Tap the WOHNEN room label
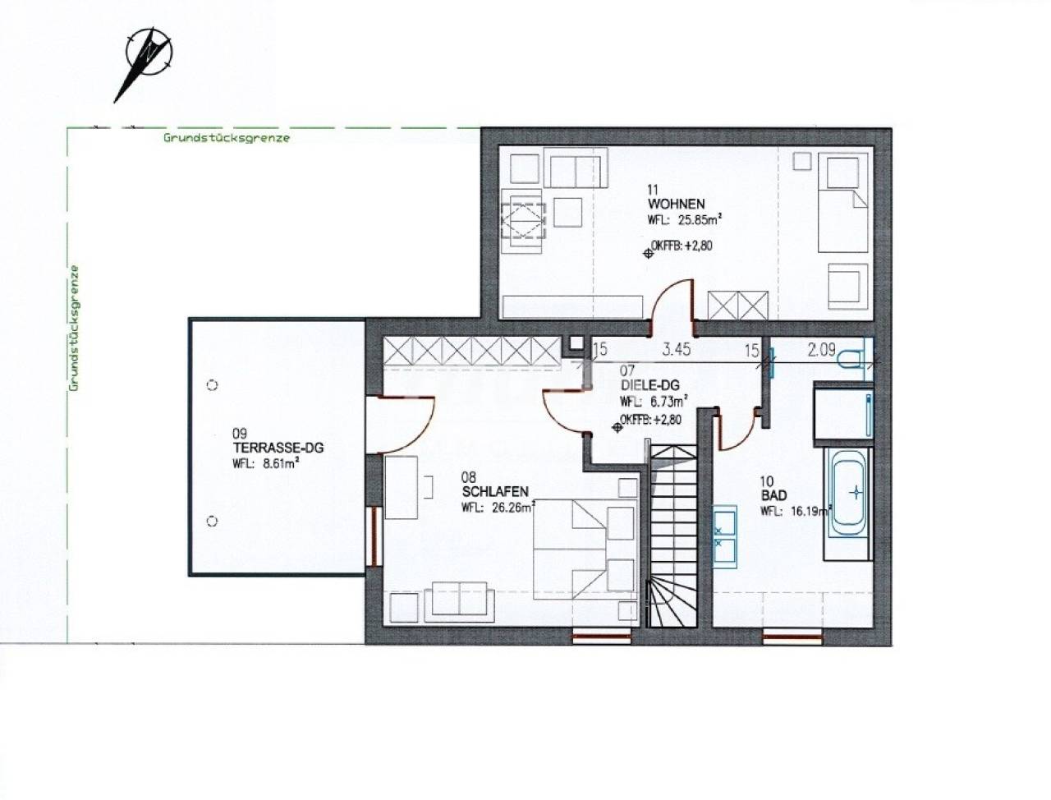tap(676, 204)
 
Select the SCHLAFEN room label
tap(495, 491)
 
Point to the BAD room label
tap(773, 495)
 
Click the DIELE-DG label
tap(649, 384)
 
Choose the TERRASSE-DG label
tap(278, 448)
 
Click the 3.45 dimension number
tap(676, 350)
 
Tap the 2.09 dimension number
tap(821, 350)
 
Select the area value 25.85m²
tap(700, 220)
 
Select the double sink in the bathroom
tap(724, 536)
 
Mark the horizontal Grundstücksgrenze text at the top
tap(227, 138)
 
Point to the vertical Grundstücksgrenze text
tap(73, 329)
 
